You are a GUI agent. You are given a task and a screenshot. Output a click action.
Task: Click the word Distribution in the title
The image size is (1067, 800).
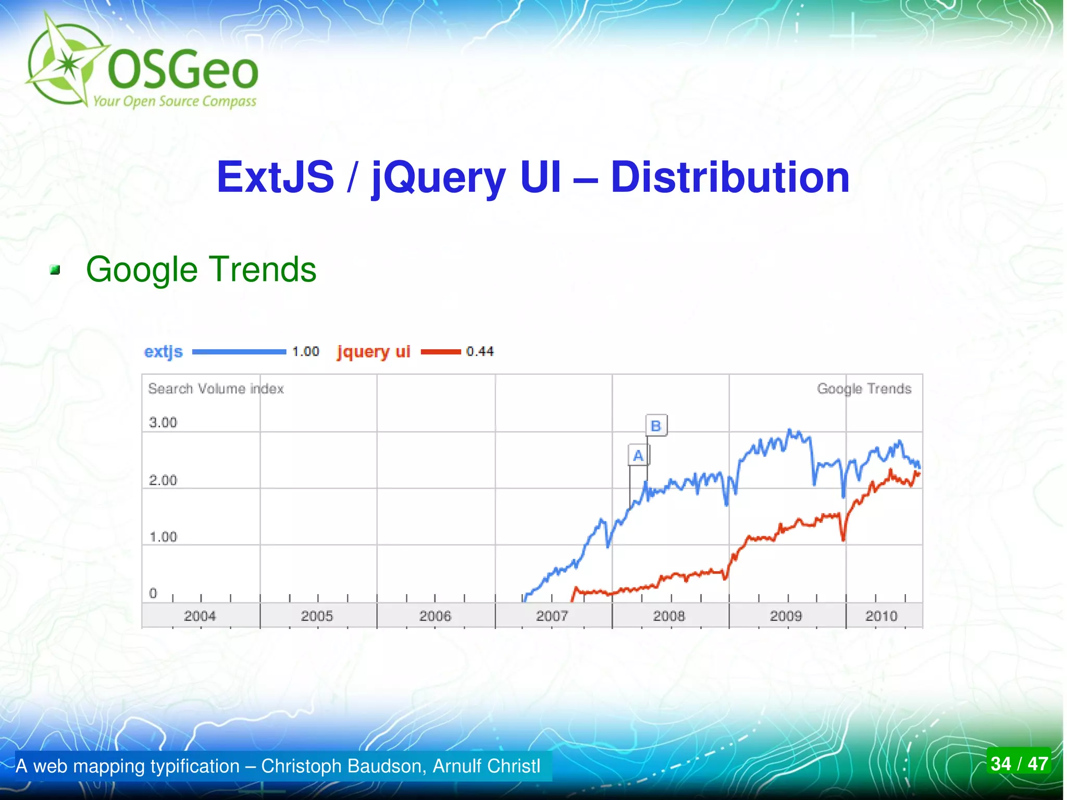(730, 177)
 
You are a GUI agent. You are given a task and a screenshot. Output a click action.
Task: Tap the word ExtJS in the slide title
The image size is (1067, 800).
(275, 177)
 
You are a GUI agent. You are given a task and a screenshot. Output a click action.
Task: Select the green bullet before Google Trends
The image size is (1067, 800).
(55, 270)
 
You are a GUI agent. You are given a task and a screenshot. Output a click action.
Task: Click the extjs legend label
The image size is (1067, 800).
(164, 352)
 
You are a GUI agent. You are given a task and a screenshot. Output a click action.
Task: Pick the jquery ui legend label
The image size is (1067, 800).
(374, 352)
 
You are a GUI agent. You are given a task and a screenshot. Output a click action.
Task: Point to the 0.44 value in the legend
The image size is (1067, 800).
(480, 352)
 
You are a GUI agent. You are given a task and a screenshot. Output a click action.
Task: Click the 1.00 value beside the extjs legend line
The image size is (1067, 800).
(305, 352)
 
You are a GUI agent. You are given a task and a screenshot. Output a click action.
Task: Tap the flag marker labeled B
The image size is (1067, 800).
(656, 426)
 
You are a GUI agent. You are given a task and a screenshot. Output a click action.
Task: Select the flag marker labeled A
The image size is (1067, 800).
(638, 456)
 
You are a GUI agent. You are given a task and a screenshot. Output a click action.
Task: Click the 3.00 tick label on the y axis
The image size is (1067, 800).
(163, 423)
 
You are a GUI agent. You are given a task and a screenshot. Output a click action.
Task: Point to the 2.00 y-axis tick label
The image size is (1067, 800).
(163, 480)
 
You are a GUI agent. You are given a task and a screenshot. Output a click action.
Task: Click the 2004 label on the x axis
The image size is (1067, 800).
(200, 616)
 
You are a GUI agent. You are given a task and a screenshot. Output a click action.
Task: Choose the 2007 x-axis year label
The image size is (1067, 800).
(552, 616)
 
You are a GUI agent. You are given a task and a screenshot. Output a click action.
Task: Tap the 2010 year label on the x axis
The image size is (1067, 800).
(881, 616)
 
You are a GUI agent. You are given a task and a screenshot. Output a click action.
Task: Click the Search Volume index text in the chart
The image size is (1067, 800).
(216, 389)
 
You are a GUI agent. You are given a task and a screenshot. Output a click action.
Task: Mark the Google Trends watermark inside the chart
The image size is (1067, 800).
(864, 389)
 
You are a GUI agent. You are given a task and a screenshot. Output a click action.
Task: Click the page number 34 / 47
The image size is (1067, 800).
(1019, 764)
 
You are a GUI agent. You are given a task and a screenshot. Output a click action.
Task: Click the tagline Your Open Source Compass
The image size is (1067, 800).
(175, 101)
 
